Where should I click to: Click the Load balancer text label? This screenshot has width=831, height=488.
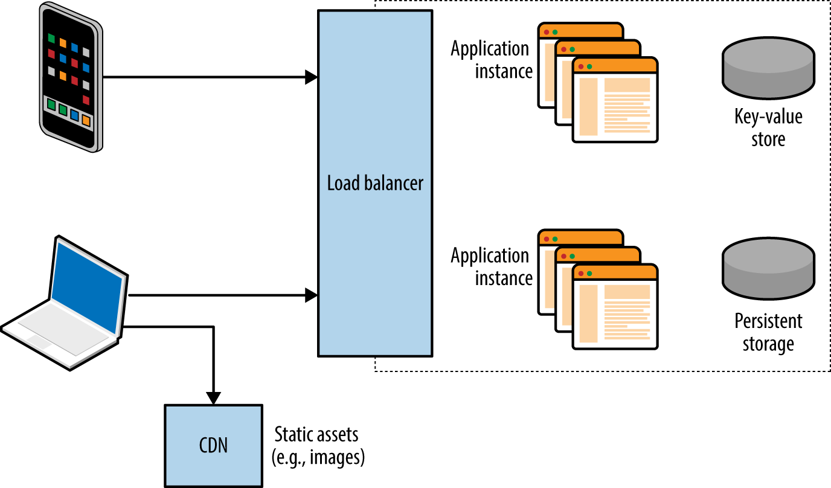[375, 183]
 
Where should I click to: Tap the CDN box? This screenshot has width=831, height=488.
[214, 446]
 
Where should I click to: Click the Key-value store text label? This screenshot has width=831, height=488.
[768, 127]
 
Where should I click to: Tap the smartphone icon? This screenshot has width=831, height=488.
[70, 77]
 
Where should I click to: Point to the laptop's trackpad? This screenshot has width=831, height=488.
[39, 342]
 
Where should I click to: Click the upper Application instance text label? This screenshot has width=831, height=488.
[490, 60]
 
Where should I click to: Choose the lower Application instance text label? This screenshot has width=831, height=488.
[490, 266]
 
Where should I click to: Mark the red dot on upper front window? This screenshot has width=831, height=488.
[580, 66]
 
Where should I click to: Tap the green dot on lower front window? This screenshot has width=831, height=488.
[589, 274]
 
